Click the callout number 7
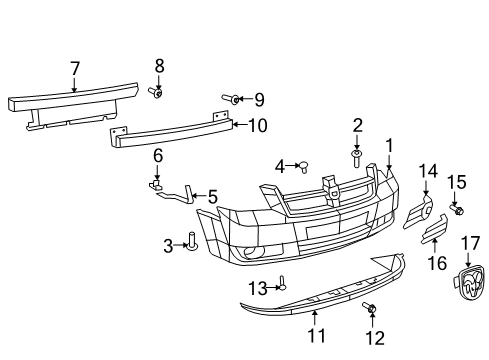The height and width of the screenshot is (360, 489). tap(74, 69)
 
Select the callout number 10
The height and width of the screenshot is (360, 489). tap(257, 125)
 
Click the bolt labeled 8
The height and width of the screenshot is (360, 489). tap(157, 92)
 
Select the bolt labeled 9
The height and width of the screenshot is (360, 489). tap(231, 99)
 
